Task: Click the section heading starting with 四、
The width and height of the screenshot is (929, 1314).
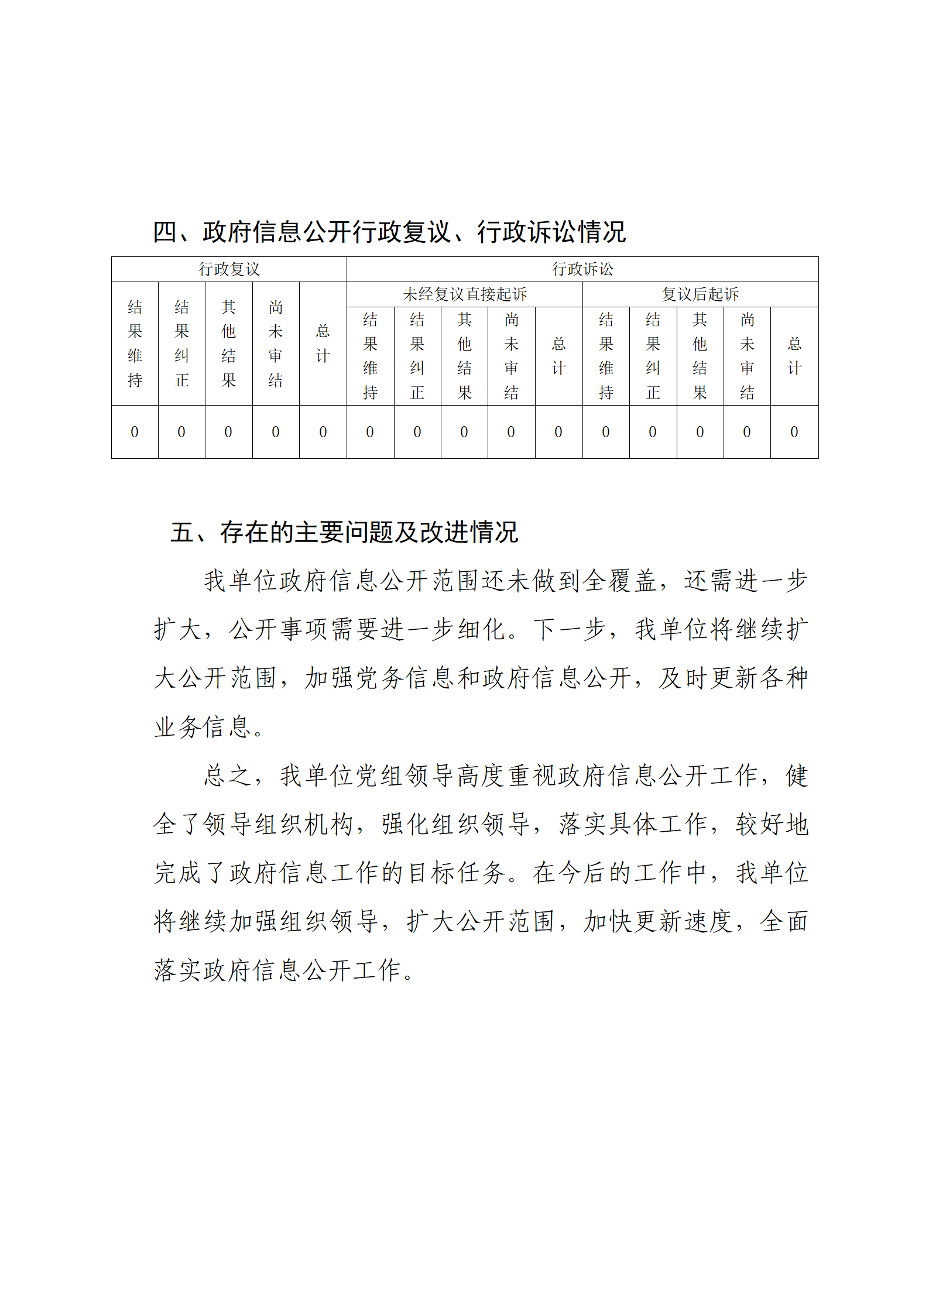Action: tap(389, 232)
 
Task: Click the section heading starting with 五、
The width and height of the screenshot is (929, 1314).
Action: tap(344, 532)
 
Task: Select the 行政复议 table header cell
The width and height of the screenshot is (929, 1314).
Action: tap(229, 269)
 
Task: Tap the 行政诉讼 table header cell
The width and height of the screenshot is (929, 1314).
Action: tap(582, 269)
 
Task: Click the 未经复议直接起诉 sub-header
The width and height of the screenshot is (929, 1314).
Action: tap(465, 294)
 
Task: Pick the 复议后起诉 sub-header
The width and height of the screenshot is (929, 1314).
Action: tap(700, 294)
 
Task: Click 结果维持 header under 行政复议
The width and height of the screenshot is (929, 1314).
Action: tap(135, 344)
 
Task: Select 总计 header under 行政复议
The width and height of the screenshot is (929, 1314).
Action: tap(323, 344)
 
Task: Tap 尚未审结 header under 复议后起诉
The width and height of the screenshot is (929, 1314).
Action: tap(747, 356)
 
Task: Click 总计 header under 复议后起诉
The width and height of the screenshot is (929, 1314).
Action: tap(794, 356)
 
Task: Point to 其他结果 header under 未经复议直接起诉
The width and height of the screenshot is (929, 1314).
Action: tap(464, 356)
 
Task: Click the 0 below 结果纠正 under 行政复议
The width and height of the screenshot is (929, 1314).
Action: tap(181, 432)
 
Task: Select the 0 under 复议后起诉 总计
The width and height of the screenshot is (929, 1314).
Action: tap(794, 432)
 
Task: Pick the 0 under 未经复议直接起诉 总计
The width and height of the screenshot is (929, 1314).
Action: tap(558, 432)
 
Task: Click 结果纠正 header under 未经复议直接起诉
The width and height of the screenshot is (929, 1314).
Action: tap(417, 356)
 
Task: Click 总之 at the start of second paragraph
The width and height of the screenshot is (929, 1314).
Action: tap(228, 776)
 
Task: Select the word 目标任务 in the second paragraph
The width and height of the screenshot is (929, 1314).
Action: tap(457, 873)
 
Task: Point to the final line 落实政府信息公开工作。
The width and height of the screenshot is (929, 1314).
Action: tap(284, 970)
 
